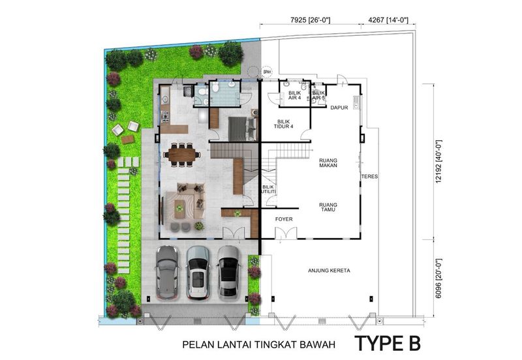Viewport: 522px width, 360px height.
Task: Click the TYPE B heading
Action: (388, 343)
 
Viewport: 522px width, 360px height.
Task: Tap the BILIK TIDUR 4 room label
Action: (284, 124)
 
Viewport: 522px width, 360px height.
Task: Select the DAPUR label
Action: (339, 108)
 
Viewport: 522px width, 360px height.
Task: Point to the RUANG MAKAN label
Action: (328, 162)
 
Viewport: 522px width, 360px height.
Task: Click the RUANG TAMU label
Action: (328, 207)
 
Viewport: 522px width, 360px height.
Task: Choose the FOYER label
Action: (284, 219)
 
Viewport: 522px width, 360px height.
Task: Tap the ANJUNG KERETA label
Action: (329, 271)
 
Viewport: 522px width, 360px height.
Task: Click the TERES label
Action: (369, 176)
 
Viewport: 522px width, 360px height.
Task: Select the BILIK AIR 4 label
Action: (294, 95)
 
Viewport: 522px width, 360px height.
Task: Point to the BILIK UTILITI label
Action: (269, 189)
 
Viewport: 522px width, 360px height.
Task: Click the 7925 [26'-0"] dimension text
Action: (311, 20)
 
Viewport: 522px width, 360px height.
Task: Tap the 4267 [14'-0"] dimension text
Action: (388, 20)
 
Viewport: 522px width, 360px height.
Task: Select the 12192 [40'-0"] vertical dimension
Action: (438, 161)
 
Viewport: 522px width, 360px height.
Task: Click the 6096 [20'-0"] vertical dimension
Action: (438, 278)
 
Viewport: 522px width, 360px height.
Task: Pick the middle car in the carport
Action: (198, 273)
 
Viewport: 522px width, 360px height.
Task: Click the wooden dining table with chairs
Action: (182, 155)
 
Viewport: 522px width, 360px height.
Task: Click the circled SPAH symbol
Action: (267, 72)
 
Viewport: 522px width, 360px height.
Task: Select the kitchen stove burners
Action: (165, 117)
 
